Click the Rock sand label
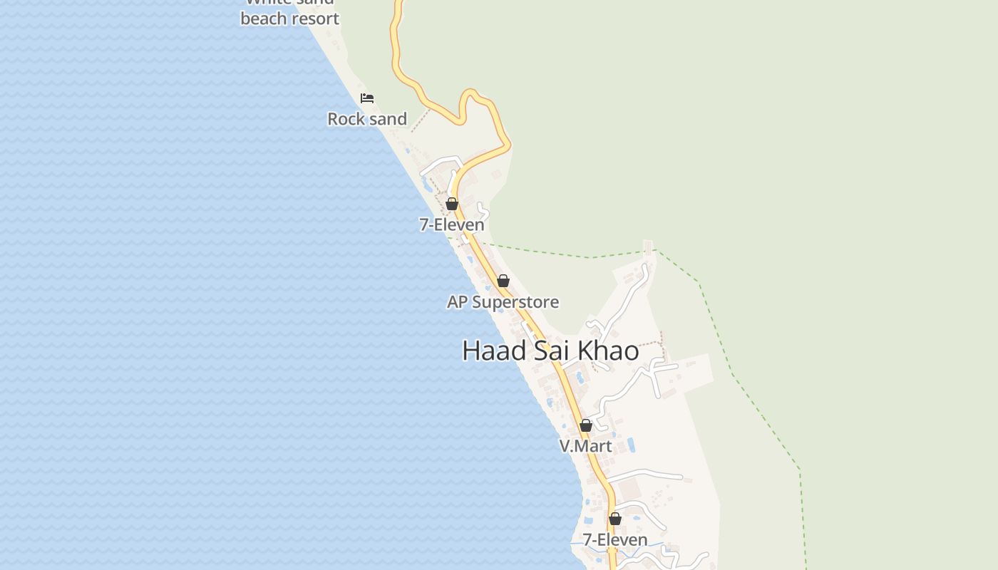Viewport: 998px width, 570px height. (367, 119)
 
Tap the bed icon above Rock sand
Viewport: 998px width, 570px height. (367, 98)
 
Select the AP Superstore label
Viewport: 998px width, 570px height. (503, 302)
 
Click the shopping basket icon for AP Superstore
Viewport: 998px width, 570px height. (503, 281)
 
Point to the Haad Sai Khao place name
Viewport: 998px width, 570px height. (550, 351)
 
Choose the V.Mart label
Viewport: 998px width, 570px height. (585, 446)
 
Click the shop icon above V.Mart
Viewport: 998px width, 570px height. (586, 425)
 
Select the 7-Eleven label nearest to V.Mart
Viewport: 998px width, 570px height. (615, 540)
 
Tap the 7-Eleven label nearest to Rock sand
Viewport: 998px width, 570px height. (451, 225)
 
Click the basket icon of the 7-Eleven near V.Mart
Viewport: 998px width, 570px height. (615, 519)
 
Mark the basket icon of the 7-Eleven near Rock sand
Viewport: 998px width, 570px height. (452, 204)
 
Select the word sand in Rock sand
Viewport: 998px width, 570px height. (388, 119)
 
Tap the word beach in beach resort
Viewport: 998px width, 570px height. (264, 19)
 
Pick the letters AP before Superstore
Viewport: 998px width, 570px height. (457, 302)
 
